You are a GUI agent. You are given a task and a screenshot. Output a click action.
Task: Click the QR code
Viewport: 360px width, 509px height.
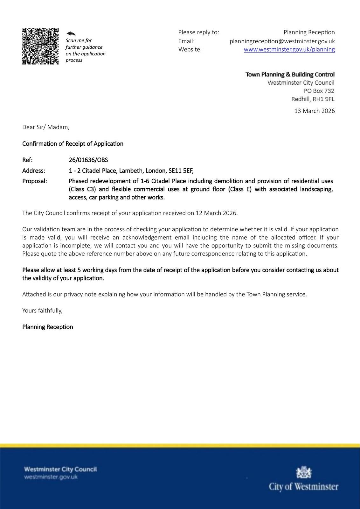coord(40,46)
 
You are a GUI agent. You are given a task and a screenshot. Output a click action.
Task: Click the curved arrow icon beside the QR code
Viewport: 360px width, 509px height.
coord(71,34)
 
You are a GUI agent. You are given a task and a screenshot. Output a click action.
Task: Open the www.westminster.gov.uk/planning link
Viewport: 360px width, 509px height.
coord(289,49)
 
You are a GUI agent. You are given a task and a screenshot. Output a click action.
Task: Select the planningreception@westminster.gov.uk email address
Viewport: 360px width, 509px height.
coord(282,41)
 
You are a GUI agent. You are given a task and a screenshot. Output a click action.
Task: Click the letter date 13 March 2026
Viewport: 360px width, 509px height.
coord(315,111)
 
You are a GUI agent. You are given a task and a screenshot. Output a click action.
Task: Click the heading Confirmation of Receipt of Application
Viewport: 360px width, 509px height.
coord(73,143)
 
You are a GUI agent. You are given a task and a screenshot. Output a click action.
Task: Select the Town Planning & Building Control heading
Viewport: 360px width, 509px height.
coord(290,74)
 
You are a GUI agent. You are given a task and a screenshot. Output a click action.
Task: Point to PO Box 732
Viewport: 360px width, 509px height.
coord(319,91)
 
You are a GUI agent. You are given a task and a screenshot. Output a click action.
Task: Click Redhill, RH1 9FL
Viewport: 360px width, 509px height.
coord(313,99)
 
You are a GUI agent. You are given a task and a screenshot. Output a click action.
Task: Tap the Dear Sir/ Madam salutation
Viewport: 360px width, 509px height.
coord(46,127)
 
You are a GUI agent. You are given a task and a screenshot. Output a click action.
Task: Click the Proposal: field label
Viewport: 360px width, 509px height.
coord(35,181)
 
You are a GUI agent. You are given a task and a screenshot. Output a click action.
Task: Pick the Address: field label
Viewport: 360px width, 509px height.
coord(34,171)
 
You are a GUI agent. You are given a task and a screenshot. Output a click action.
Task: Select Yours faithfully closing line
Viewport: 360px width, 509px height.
coord(42,310)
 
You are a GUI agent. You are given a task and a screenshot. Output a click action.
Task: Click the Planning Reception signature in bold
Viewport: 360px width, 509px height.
coord(48,327)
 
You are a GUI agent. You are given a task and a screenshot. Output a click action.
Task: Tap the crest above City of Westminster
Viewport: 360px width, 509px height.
coord(304,472)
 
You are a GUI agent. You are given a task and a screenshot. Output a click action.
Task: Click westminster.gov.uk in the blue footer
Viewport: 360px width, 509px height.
coord(51,477)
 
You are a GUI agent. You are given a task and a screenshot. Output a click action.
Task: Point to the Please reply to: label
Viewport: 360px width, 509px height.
coord(199,32)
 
